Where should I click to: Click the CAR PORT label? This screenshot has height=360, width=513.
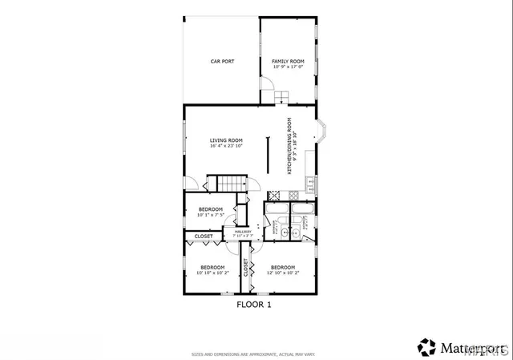coord(221,61)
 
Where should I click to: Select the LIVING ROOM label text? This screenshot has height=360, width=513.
coord(226,143)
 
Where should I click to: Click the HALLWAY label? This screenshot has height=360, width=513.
coord(243,233)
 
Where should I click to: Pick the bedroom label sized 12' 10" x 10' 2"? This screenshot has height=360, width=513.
coord(282,269)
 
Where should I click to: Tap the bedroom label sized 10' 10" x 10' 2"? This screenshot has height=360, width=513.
coord(212,269)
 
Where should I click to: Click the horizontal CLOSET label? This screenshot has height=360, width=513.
coord(204,237)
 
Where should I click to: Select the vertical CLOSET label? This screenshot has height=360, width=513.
coord(245,268)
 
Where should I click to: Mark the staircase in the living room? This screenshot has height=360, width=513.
coord(232,184)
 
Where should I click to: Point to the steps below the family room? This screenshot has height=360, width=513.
coord(281,98)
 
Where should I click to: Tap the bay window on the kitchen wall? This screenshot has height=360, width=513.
coord(320,131)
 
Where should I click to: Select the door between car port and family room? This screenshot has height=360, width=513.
coord(264,84)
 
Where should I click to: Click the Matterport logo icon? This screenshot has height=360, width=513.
coord(426,346)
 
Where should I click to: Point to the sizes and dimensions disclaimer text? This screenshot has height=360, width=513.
coord(253,354)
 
